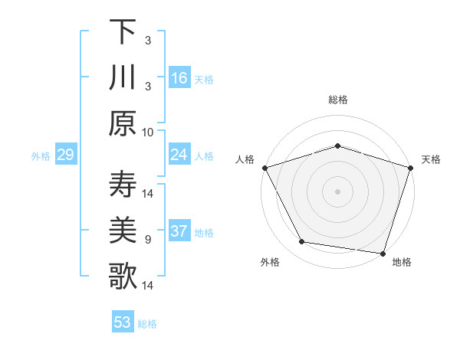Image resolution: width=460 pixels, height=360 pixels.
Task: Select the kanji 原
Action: click(123, 123)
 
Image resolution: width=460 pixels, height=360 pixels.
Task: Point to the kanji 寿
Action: click(123, 185)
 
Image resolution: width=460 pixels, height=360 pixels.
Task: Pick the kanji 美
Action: click(123, 231)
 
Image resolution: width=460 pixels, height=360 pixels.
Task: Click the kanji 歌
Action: click(123, 277)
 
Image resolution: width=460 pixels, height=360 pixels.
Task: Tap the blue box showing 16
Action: click(179, 77)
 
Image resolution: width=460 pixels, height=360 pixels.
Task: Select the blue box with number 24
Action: click(179, 155)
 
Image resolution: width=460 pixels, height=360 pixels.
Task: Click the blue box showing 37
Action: click(179, 232)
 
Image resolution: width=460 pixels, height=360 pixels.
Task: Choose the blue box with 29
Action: click(65, 155)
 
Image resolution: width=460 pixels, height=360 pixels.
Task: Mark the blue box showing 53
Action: click(122, 322)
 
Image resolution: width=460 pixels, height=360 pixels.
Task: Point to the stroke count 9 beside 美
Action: click(148, 240)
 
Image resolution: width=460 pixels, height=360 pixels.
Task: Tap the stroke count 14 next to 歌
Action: click(149, 286)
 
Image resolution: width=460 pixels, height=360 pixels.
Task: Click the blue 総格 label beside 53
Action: click(147, 324)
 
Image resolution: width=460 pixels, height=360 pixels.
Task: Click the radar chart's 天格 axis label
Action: click(431, 159)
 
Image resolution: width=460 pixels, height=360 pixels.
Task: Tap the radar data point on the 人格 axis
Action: click(264, 168)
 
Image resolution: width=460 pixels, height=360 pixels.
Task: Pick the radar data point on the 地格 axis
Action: click(383, 253)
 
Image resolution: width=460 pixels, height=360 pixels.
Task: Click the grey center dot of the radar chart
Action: click(337, 191)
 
